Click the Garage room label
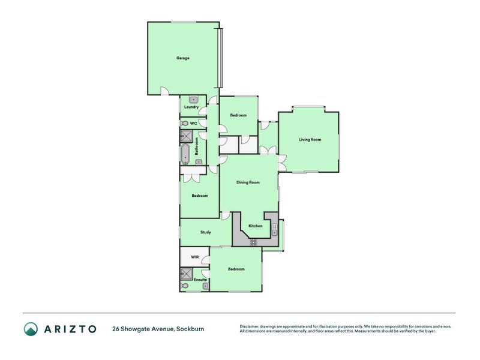183,58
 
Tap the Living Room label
310,140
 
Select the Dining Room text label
248,182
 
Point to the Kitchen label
256,226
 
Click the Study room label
206,232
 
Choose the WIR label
194,257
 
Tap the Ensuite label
200,280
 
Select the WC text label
193,123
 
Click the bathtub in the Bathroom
185,154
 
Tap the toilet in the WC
184,123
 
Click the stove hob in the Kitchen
253,242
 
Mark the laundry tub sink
194,100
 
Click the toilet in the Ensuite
184,286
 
